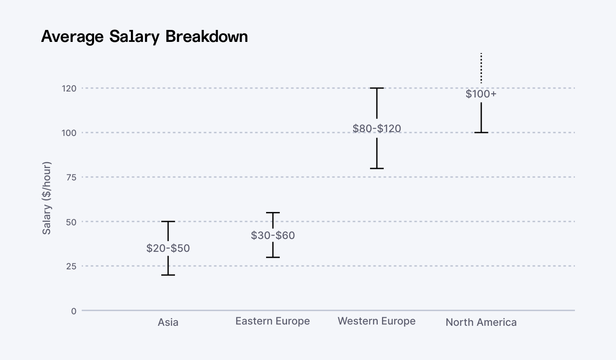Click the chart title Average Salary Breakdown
[x=145, y=36]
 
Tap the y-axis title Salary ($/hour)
[x=47, y=198]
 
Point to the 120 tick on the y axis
[x=69, y=89]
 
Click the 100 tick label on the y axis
[x=69, y=133]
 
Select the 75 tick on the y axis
[x=71, y=177]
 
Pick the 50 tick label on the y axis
[x=71, y=222]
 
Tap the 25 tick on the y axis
[x=71, y=266]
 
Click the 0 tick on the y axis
[x=74, y=311]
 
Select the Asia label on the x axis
[x=168, y=322]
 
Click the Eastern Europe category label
[x=272, y=321]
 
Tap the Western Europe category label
[x=376, y=321]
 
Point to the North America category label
[x=481, y=322]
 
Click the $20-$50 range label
[x=168, y=248]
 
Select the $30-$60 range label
[x=273, y=236]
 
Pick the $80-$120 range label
[x=377, y=128]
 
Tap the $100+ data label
[x=481, y=94]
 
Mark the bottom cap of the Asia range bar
[x=168, y=275]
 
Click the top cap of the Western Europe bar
[x=377, y=88]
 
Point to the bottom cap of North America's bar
[x=481, y=133]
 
